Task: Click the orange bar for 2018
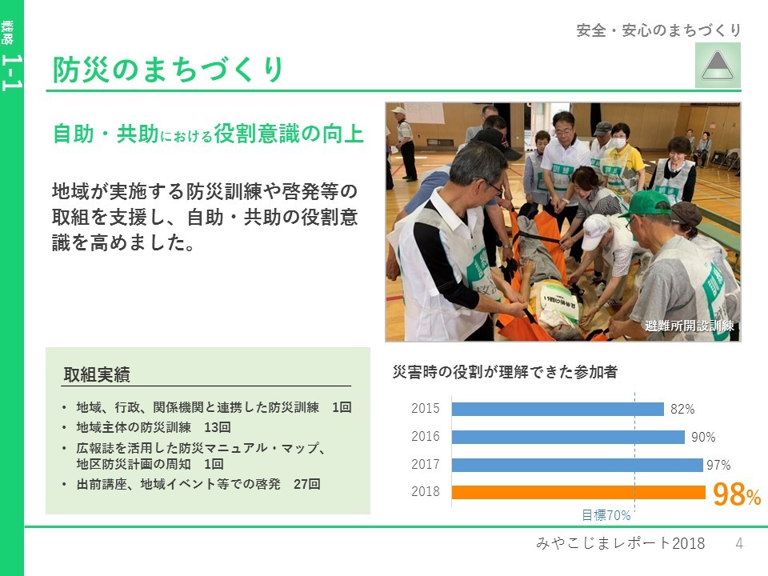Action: [x=578, y=492]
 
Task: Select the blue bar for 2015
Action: [x=558, y=409]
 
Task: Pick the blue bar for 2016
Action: [x=568, y=437]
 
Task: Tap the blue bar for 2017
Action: [x=577, y=465]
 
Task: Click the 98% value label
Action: [x=737, y=494]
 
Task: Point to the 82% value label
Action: [x=682, y=409]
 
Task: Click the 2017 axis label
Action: [x=425, y=464]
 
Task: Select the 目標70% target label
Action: [x=606, y=515]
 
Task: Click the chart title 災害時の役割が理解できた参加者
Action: [x=505, y=372]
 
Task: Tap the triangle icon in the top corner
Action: [x=718, y=66]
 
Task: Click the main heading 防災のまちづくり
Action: [x=168, y=69]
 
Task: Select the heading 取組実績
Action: [x=97, y=374]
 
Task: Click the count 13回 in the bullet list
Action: [x=218, y=427]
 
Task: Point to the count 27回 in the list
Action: [x=307, y=485]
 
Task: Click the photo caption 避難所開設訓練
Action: [x=689, y=326]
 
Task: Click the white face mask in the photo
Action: [x=618, y=143]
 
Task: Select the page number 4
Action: [x=739, y=543]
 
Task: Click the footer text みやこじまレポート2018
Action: [x=621, y=543]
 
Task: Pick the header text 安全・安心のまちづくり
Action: [x=658, y=30]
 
